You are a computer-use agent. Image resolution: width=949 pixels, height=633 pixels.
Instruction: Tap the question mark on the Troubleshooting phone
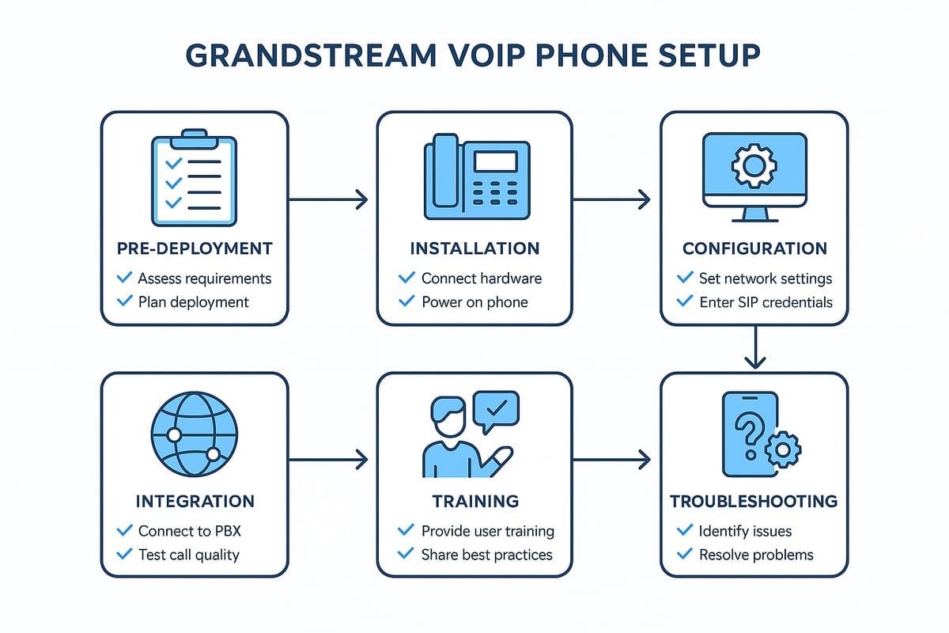tap(747, 433)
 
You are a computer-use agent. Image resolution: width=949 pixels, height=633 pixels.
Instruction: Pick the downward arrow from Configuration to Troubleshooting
tap(755, 348)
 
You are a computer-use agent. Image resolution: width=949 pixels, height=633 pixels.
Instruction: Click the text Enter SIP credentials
tap(765, 301)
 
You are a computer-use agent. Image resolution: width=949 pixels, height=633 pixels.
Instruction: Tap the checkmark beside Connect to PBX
tap(124, 530)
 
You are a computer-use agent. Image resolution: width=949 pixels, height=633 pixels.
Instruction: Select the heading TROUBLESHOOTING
tap(753, 501)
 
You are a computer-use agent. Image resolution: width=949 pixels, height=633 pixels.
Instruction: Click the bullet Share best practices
tap(486, 555)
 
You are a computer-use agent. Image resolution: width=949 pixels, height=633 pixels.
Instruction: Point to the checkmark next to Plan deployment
tap(124, 301)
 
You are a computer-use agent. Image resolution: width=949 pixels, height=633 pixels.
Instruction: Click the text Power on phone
tap(475, 301)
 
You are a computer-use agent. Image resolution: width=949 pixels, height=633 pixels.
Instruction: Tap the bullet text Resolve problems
tap(756, 555)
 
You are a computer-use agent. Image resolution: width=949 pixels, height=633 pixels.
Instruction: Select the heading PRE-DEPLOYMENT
tap(194, 248)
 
